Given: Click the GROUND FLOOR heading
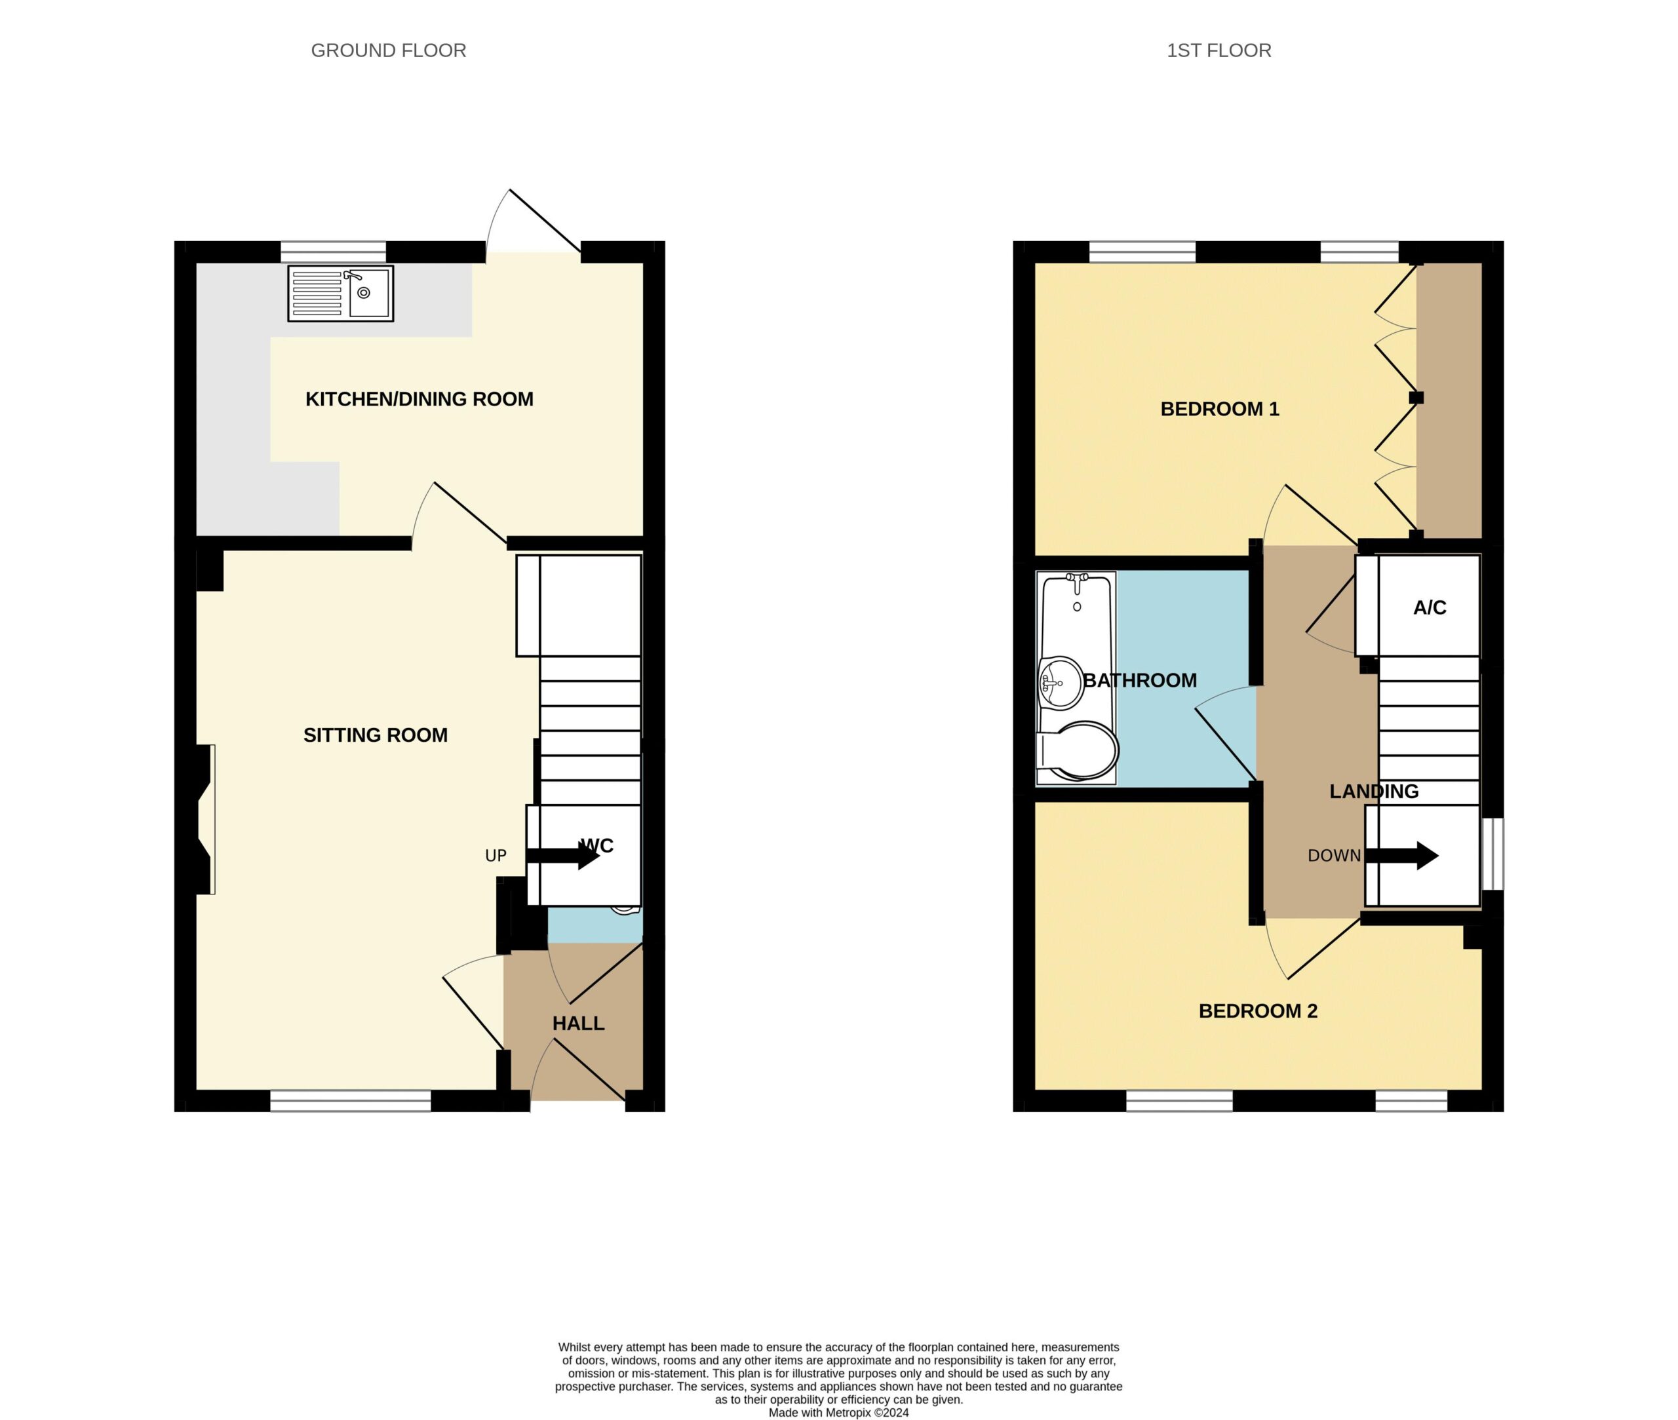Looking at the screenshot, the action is click(x=388, y=50).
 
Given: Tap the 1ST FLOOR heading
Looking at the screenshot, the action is click(x=1219, y=50).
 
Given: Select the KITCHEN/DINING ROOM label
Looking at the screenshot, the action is click(x=419, y=399).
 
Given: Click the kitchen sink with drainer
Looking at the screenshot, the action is click(x=341, y=294).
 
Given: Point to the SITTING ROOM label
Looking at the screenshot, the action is click(x=375, y=735).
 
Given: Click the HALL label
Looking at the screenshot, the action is click(x=578, y=1023).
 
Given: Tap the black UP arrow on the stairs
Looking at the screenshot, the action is click(x=563, y=856).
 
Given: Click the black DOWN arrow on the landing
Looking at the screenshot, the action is click(x=1402, y=856).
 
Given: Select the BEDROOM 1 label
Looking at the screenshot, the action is click(x=1220, y=409).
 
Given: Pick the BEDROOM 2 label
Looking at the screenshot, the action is click(x=1258, y=1011).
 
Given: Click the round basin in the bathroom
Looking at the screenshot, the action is click(x=1061, y=683).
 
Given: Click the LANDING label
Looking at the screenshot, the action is click(x=1374, y=792).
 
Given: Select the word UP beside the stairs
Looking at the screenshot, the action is click(x=496, y=856).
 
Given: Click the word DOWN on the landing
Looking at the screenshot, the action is click(x=1334, y=856).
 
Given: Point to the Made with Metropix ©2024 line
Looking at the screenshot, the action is click(x=838, y=1412).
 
